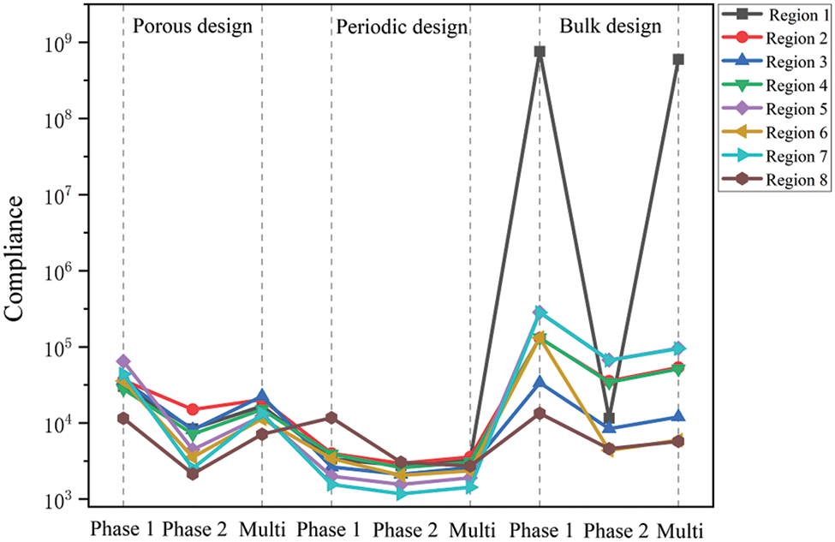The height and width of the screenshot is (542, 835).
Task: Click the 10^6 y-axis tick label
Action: (x=69, y=271)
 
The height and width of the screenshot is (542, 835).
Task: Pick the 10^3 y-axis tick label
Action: (x=69, y=500)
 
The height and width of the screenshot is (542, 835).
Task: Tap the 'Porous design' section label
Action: (x=192, y=26)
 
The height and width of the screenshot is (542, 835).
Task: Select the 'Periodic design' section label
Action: (x=401, y=27)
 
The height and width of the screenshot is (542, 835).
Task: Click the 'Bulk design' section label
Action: (x=611, y=26)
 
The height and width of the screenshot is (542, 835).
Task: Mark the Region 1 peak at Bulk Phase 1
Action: (x=540, y=51)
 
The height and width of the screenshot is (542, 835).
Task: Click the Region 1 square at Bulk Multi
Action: (x=678, y=59)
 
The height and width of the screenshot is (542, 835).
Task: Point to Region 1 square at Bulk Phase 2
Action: (x=609, y=419)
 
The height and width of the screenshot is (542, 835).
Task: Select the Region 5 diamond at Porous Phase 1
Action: (x=123, y=361)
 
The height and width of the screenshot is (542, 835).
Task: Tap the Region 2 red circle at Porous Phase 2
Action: (x=193, y=409)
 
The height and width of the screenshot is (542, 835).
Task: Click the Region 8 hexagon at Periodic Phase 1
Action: (x=331, y=418)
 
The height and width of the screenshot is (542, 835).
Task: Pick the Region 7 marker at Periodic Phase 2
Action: (x=401, y=494)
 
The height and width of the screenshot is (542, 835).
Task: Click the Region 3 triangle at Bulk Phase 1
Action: (x=540, y=382)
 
